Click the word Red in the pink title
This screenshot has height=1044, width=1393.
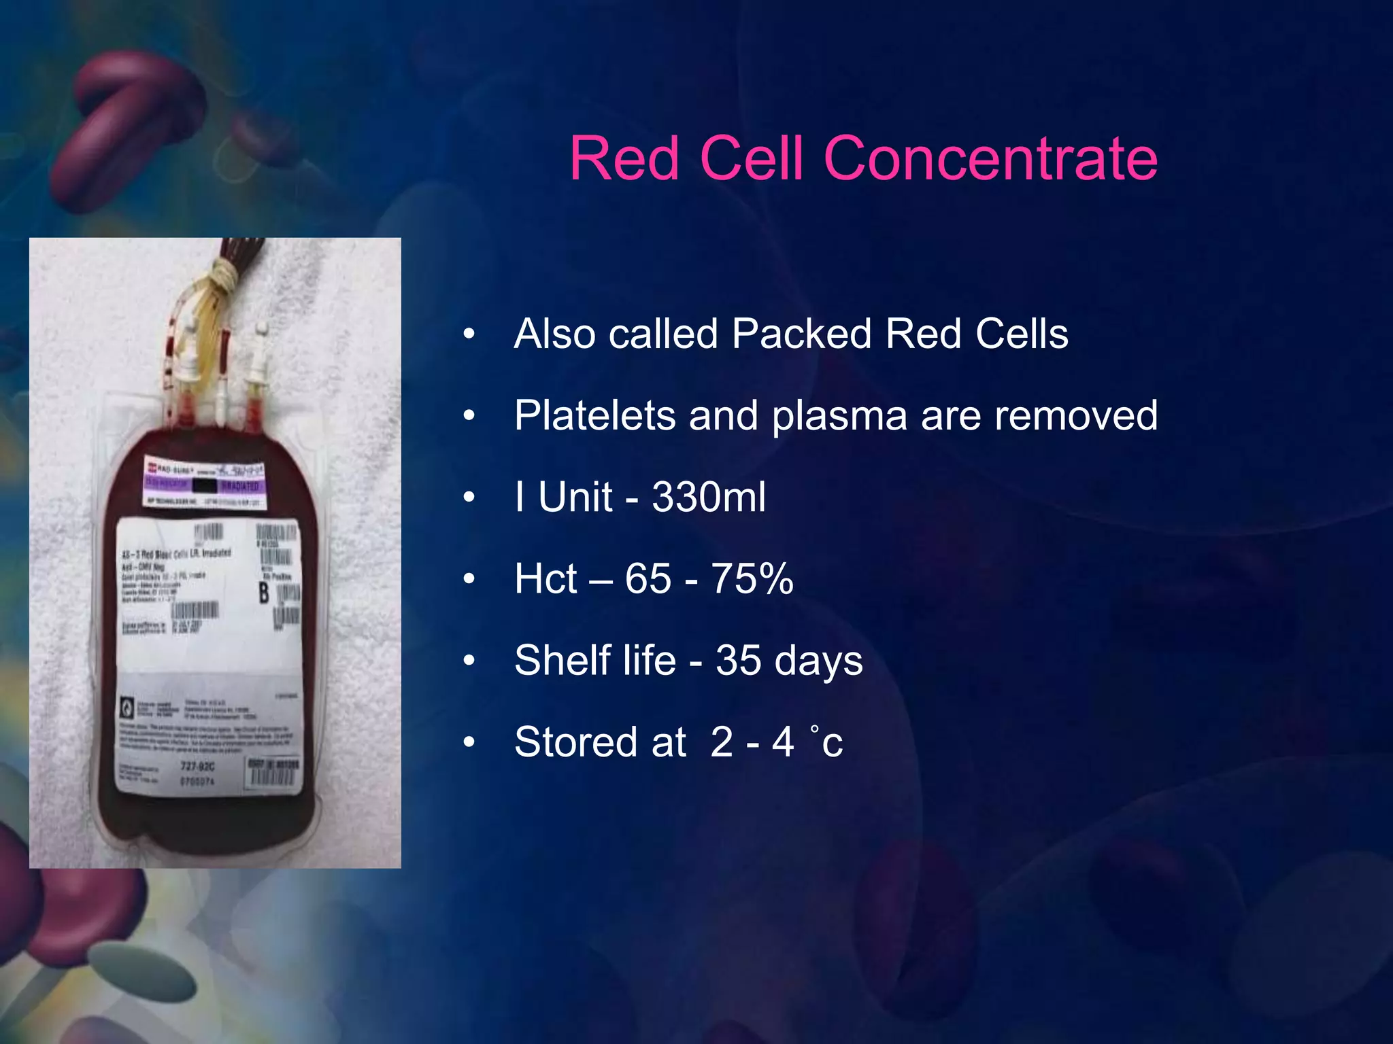(x=624, y=158)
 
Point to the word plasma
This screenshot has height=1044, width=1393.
(x=839, y=417)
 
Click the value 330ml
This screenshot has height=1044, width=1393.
(x=708, y=497)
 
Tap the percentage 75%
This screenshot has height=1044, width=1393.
(x=752, y=578)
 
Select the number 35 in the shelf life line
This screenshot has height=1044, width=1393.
(x=738, y=660)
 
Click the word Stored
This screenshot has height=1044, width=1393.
(x=600, y=742)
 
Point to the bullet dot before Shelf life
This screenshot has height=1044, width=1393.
(x=469, y=661)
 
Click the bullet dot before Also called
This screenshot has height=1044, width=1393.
(x=469, y=334)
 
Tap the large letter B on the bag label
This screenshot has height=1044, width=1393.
(x=264, y=593)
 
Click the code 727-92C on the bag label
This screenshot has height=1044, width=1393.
(x=198, y=767)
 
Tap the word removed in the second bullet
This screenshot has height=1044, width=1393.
(x=1076, y=415)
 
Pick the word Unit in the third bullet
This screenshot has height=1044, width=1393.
(x=575, y=497)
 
